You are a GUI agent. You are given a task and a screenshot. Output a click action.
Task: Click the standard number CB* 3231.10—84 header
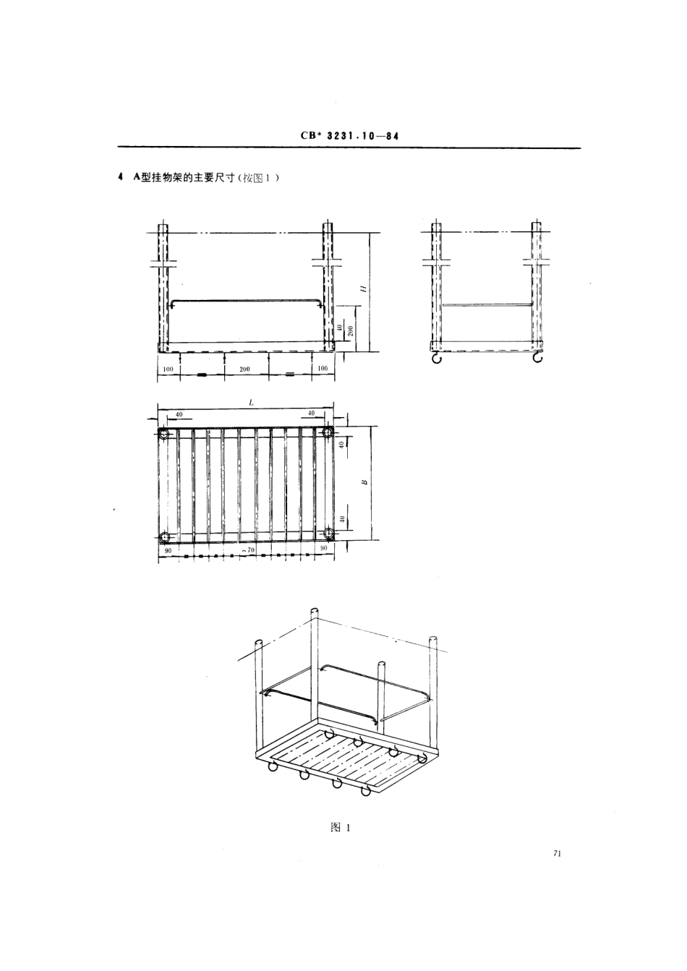coord(349,135)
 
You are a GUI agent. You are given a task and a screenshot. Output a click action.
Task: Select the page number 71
coord(557,854)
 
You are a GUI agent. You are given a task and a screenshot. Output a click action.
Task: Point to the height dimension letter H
coord(364,288)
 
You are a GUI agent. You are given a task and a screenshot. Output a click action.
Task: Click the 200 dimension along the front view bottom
coord(244,369)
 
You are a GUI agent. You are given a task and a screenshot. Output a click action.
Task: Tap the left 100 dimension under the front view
coord(168,369)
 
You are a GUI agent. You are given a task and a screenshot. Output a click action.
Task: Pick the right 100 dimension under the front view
coord(323,369)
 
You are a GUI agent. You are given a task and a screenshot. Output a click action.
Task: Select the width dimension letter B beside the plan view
coord(364,480)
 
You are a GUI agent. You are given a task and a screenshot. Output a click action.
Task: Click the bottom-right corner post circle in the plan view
coord(329,534)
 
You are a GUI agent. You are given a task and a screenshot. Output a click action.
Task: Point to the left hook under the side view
coord(436,358)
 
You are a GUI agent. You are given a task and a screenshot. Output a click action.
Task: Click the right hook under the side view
coord(537,358)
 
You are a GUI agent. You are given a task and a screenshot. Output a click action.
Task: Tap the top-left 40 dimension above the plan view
coord(178,414)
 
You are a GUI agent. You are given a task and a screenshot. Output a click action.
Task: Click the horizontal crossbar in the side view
coord(487,305)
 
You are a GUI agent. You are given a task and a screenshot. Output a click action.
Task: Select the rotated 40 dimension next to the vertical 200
coord(339,329)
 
